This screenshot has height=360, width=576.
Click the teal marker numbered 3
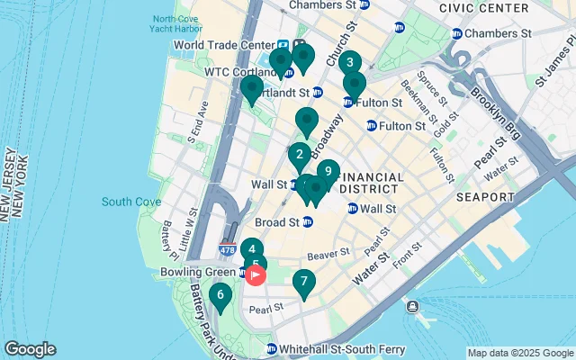349,63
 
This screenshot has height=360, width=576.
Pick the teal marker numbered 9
328,171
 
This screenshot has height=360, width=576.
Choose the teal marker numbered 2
300,155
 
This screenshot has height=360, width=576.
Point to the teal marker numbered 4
253,250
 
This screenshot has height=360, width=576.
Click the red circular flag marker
256,275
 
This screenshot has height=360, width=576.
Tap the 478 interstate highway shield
229,246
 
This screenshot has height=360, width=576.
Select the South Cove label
130,202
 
